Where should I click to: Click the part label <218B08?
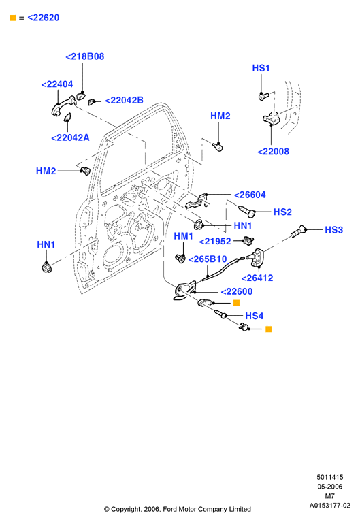click(85, 56)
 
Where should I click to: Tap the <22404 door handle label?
click(57, 84)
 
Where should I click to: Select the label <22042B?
click(124, 100)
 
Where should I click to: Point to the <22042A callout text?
click(70, 137)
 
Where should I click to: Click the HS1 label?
click(261, 68)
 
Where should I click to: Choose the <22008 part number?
click(273, 152)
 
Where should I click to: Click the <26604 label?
click(250, 195)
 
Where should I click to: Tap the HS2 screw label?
click(282, 212)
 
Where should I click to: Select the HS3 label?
click(333, 230)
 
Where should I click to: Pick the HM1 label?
click(184, 236)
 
